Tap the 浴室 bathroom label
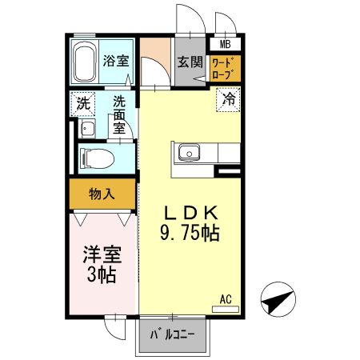[116, 61]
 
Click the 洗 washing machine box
[82, 103]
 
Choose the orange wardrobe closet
[224, 68]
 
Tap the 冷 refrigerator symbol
[228, 102]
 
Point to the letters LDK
[192, 213]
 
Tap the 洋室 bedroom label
[102, 256]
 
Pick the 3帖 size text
[102, 276]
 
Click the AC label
[226, 300]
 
